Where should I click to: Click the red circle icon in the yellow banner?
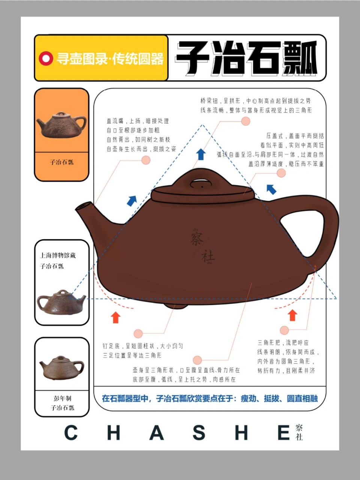(46, 58)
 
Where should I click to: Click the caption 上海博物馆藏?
(58, 255)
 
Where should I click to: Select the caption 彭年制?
(62, 398)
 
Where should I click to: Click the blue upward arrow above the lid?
(201, 154)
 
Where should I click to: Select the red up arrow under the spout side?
(115, 317)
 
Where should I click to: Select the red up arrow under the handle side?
(292, 315)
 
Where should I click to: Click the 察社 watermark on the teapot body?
(202, 246)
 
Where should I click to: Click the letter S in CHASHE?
(199, 433)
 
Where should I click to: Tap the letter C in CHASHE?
(71, 433)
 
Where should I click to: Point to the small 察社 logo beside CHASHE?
(299, 432)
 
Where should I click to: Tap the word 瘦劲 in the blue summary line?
(249, 398)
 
